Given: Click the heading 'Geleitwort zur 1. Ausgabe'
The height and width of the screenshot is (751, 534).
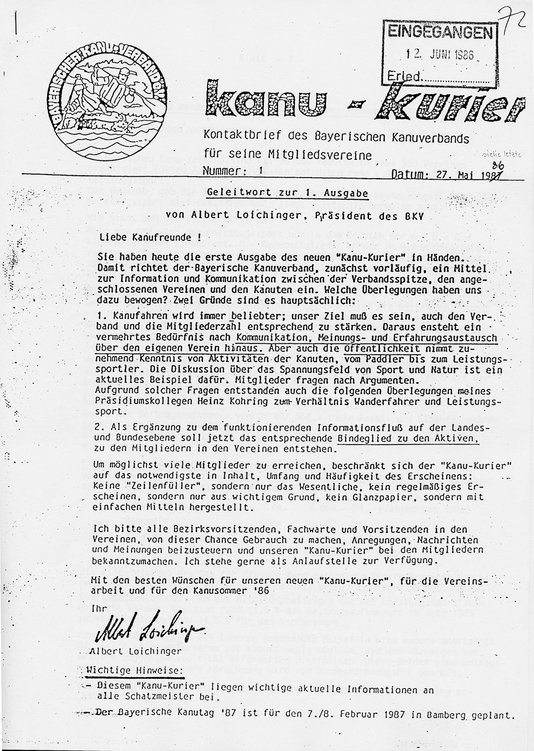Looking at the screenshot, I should [287, 193].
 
